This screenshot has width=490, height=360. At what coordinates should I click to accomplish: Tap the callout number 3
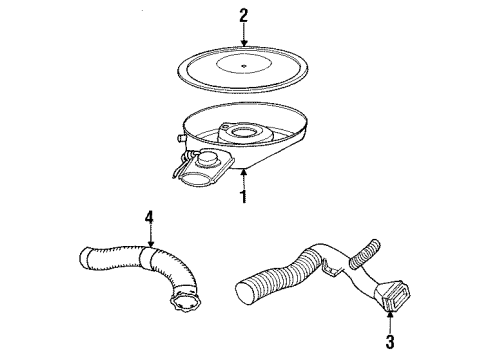click(389, 338)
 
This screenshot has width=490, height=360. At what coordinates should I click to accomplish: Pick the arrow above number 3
click(389, 318)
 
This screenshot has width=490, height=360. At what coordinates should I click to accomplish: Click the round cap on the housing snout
click(210, 158)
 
